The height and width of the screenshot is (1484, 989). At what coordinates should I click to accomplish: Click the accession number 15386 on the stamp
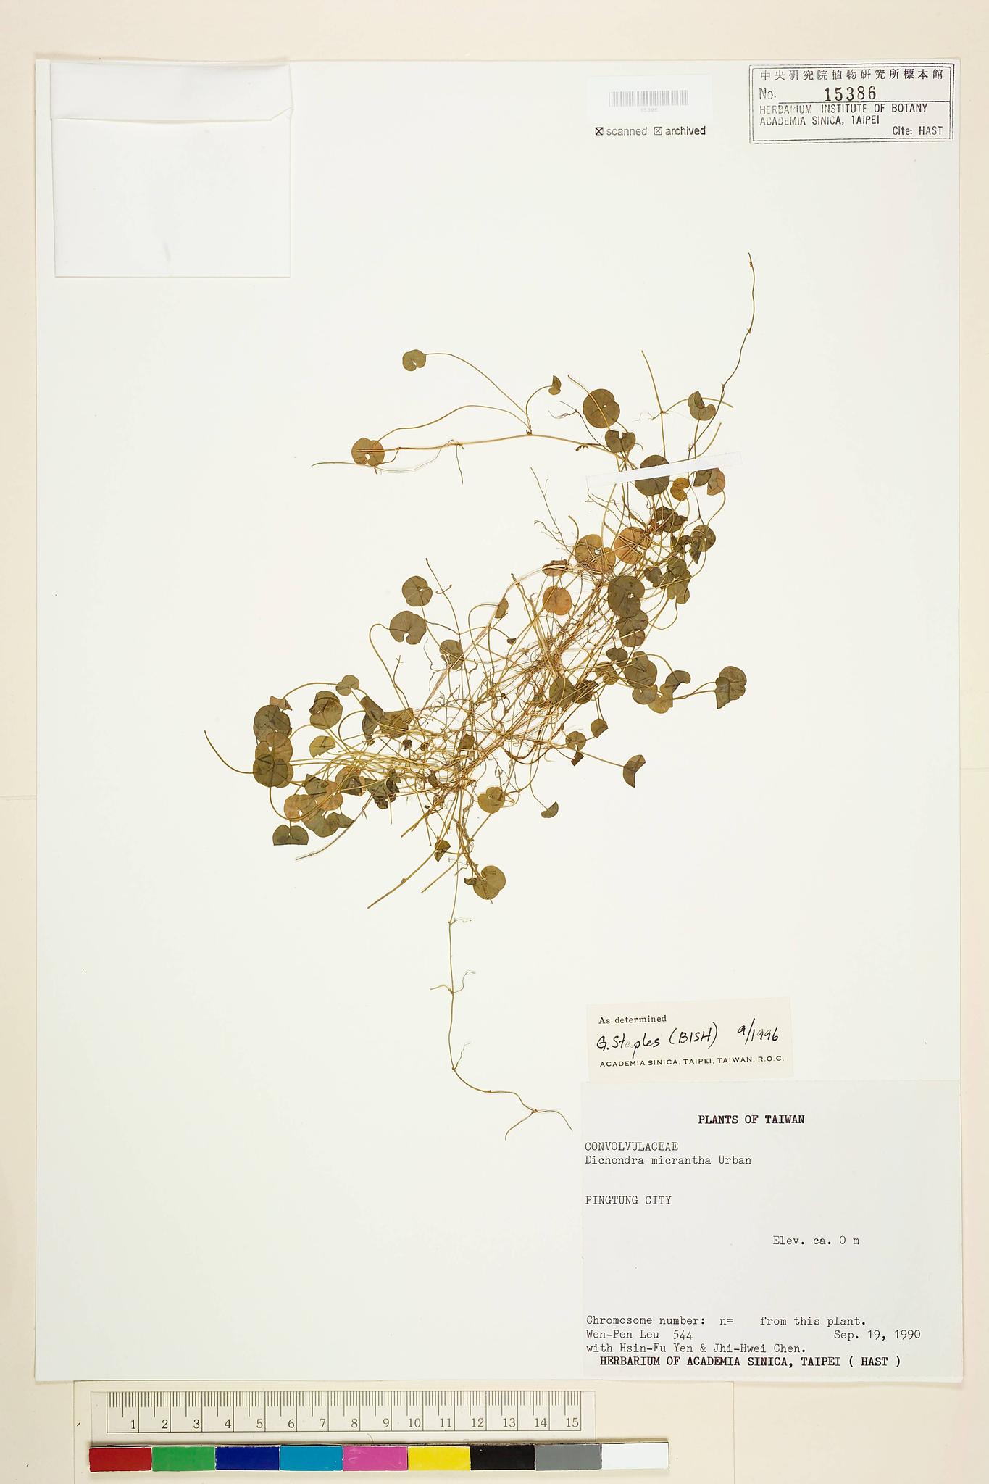click(x=850, y=93)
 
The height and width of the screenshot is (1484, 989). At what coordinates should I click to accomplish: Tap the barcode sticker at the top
click(x=648, y=99)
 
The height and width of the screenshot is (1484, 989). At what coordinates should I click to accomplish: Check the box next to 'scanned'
click(x=599, y=131)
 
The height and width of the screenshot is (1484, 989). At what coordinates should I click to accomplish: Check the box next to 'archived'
click(x=658, y=131)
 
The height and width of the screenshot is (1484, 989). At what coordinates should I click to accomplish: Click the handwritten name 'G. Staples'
click(x=628, y=1041)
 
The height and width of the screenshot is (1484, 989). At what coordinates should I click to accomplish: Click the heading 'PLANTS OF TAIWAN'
click(x=751, y=1119)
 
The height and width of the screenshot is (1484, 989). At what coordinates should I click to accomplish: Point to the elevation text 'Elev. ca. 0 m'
click(x=815, y=1241)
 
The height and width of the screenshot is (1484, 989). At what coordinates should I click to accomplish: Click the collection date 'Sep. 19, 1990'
click(x=877, y=1334)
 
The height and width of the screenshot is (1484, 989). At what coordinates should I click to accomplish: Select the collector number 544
click(x=683, y=1334)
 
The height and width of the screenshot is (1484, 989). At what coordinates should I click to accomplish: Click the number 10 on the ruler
click(x=414, y=1423)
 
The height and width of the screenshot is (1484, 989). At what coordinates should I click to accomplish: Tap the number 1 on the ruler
click(x=133, y=1423)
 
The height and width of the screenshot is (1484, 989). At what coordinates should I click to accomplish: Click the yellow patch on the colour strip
click(x=438, y=1459)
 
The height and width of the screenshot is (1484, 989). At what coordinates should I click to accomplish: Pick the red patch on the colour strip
click(x=120, y=1459)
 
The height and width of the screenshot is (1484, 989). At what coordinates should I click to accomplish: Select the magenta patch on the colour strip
click(x=375, y=1459)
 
